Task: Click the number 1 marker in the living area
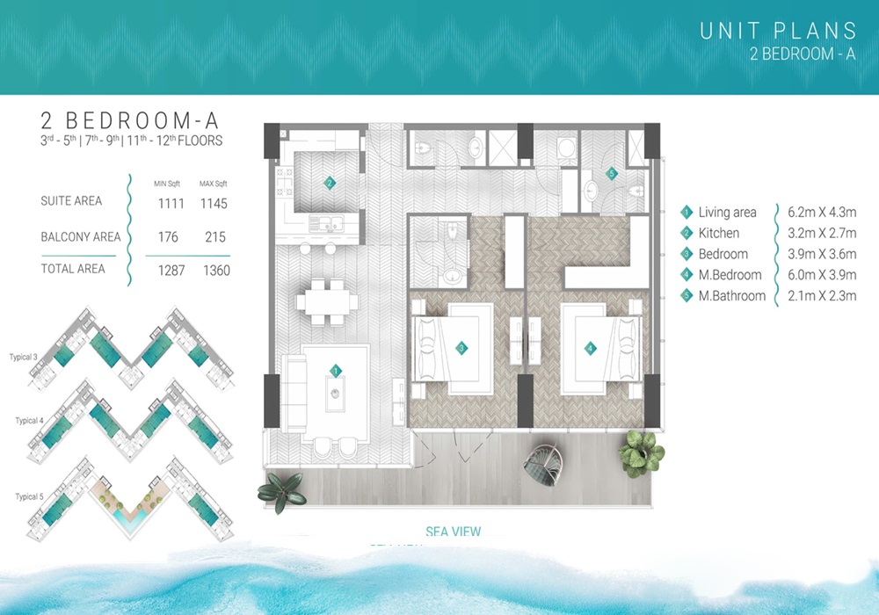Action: click(335, 372)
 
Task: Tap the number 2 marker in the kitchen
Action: click(329, 184)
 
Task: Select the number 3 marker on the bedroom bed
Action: click(461, 349)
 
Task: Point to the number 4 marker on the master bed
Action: click(590, 349)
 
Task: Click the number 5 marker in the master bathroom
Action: click(613, 174)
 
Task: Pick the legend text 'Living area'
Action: click(727, 213)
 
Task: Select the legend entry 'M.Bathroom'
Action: click(732, 296)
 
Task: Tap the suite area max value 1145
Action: click(214, 204)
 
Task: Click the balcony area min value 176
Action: click(167, 237)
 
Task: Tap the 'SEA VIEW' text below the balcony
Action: click(453, 532)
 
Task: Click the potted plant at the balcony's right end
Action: click(641, 452)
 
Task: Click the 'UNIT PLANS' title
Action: click(778, 32)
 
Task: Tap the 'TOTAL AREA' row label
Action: click(73, 269)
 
